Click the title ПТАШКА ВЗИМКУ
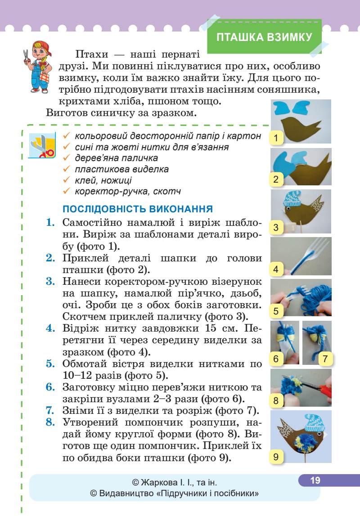pos(264,37)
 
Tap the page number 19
pos(315,480)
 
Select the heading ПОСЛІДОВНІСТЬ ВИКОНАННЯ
pos(138,209)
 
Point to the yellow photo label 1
pos(275,138)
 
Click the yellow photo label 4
pos(275,270)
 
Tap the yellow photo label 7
pos(324,359)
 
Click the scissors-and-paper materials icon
pos(42,145)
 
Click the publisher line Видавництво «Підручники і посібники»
pos(175,494)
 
